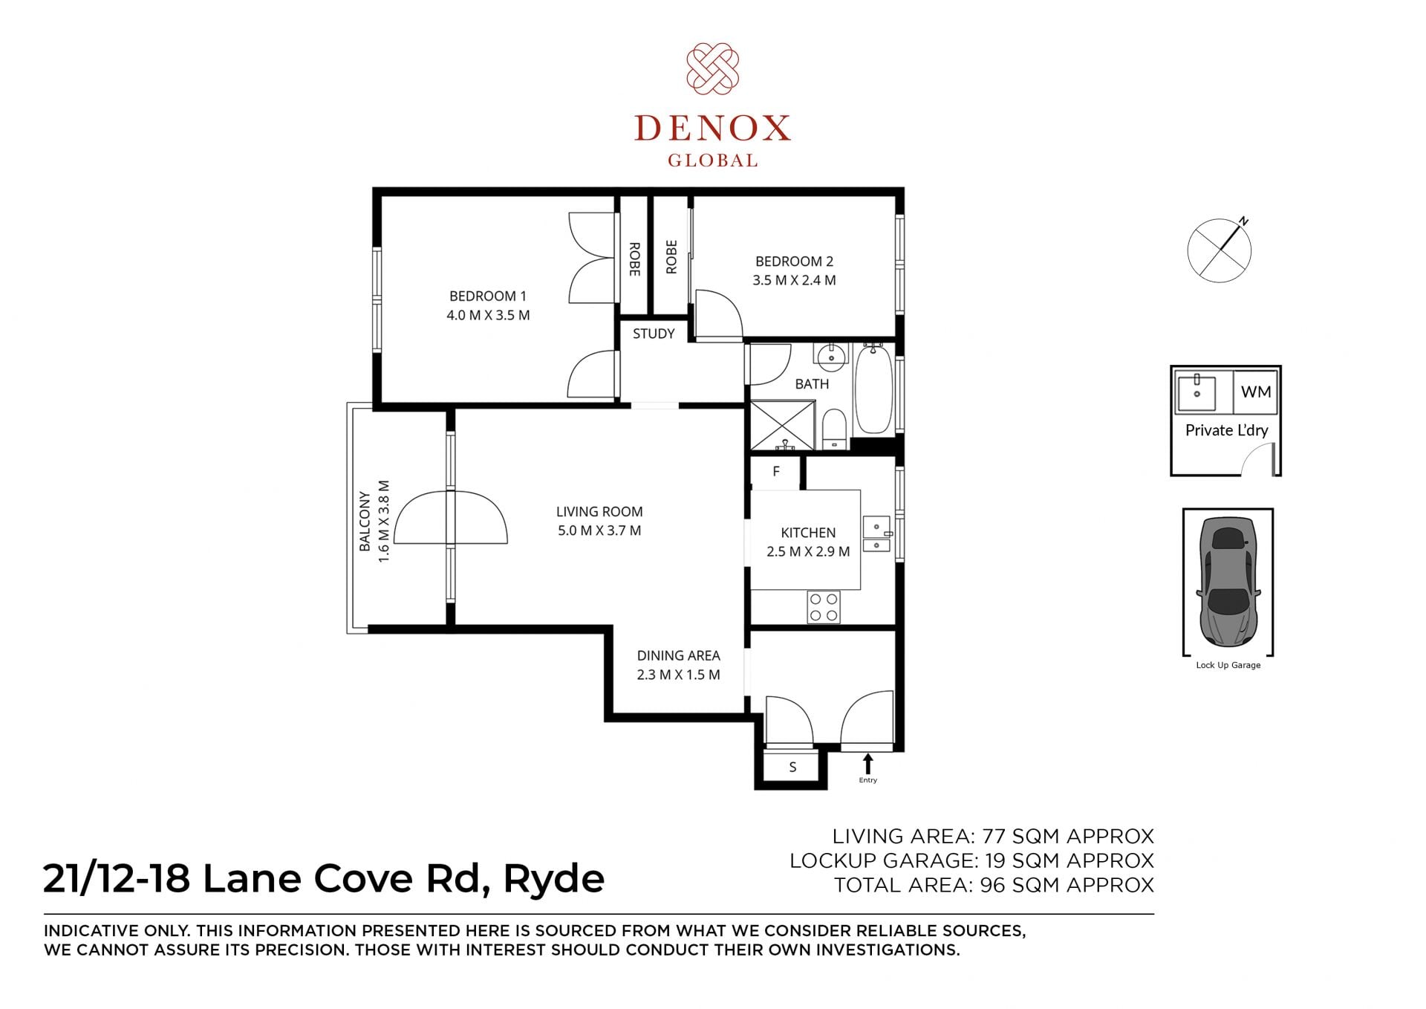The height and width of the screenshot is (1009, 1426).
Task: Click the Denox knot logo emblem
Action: pos(712,69)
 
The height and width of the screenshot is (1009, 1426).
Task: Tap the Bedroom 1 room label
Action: pos(488,296)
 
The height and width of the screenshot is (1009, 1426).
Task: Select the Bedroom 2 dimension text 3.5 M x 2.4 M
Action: pos(794,280)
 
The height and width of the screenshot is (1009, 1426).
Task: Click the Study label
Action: pos(654,334)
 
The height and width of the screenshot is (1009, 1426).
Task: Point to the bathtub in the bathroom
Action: pos(873,389)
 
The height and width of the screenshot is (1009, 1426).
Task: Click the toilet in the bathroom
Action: pos(835,429)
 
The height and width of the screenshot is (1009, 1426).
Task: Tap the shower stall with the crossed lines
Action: pos(783,426)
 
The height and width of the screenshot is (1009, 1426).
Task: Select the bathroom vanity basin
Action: pos(831,357)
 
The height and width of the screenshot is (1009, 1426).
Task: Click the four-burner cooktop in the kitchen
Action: pos(824,607)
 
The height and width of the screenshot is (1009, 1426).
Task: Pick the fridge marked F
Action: pos(775,472)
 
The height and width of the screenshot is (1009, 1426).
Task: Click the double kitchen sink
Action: pos(877,534)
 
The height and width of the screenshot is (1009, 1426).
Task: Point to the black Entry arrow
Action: pos(867,764)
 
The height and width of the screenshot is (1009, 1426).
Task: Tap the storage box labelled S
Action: pos(792,767)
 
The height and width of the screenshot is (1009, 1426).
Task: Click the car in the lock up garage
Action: pos(1228,581)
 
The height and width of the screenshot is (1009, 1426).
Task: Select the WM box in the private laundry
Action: pos(1255,392)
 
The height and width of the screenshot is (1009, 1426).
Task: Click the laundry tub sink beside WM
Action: pos(1196,392)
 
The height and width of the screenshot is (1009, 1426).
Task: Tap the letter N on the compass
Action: pos(1245,221)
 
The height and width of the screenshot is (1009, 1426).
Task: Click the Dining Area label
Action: pos(678,655)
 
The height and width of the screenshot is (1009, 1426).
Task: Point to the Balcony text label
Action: pos(365,521)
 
